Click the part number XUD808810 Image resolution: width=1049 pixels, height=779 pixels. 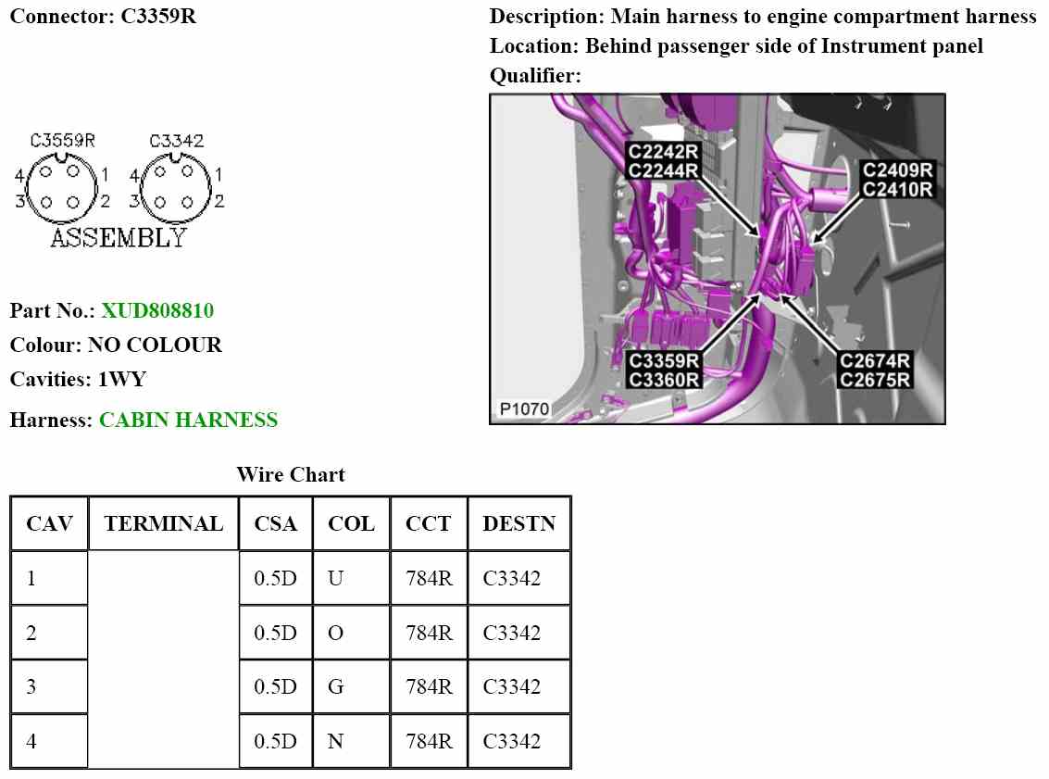click(x=157, y=310)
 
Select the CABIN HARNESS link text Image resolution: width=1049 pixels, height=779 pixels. click(x=188, y=420)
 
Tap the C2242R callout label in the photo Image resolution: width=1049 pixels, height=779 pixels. click(x=664, y=152)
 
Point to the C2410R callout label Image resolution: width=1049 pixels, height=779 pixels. click(x=898, y=190)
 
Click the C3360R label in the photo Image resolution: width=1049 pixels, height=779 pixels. click(x=664, y=379)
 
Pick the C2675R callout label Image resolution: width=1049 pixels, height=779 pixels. click(x=875, y=379)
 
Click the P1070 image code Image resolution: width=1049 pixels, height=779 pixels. click(x=524, y=408)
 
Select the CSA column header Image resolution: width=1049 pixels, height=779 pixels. click(x=276, y=523)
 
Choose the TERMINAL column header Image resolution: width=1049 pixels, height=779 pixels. click(x=164, y=523)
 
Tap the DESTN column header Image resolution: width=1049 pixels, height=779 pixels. click(x=518, y=523)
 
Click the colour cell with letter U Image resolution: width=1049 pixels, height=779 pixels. click(x=335, y=579)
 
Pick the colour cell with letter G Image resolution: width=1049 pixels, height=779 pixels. click(x=335, y=687)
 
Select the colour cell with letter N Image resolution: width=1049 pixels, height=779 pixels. click(x=335, y=741)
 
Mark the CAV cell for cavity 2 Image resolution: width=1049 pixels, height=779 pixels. click(x=32, y=634)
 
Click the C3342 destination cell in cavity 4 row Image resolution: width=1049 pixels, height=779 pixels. click(x=511, y=741)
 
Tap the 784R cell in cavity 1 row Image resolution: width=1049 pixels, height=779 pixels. click(x=429, y=579)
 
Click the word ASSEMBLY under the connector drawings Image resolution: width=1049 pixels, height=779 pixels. click(x=118, y=238)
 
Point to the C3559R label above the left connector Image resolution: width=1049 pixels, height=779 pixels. click(x=63, y=141)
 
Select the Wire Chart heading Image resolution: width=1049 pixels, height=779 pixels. click(x=291, y=475)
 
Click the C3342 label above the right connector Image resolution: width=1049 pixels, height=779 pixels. click(x=176, y=141)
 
